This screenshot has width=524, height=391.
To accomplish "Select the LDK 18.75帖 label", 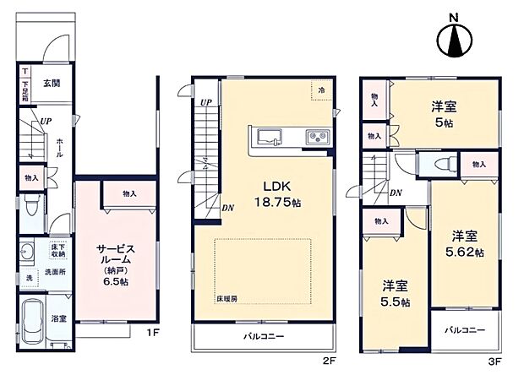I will tap(269, 194).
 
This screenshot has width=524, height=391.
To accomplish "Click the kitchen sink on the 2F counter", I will tap(270, 136).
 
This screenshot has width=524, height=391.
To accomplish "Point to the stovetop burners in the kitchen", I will tap(318, 136).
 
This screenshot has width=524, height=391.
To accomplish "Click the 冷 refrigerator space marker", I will tap(322, 89).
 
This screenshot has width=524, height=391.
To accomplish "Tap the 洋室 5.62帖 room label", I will tap(461, 243).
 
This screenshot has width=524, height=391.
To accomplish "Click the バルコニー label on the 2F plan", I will tap(265, 336).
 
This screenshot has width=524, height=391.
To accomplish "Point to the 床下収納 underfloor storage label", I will tap(57, 249).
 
